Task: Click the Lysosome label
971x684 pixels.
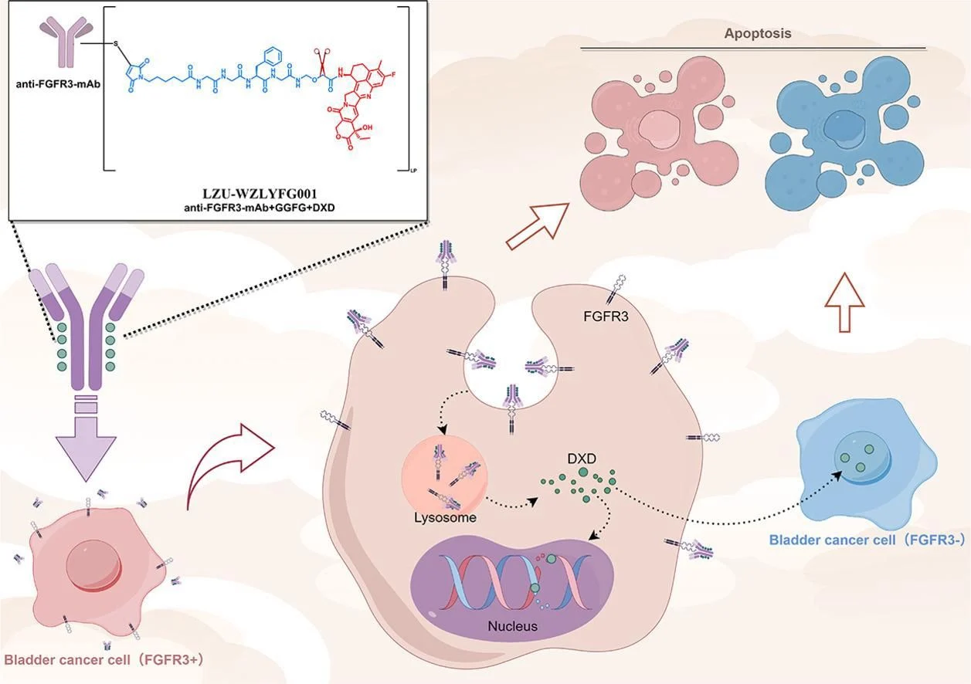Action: point(443,517)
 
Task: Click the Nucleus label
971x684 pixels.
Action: point(512,625)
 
